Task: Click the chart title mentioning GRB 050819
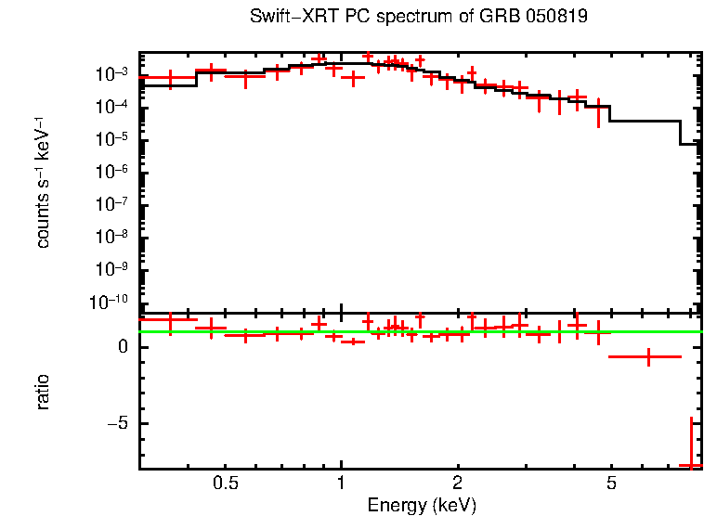(418, 18)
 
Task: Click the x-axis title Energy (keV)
(422, 505)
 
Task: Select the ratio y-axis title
(44, 392)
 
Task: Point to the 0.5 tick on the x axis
(226, 484)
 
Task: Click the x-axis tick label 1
(342, 484)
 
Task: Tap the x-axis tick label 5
(611, 484)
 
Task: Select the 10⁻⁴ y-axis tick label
(117, 107)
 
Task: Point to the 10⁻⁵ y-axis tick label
(117, 139)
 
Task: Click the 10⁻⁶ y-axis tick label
(117, 172)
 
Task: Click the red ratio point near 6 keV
(647, 356)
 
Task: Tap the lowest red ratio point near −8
(691, 464)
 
